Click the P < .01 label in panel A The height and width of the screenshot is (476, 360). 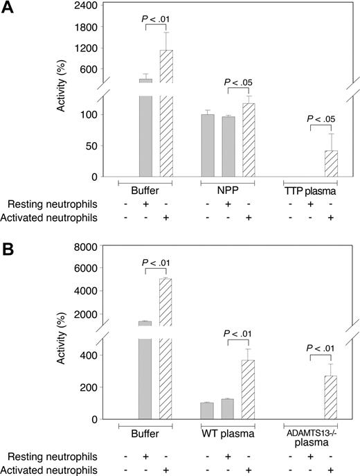pos(156,17)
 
